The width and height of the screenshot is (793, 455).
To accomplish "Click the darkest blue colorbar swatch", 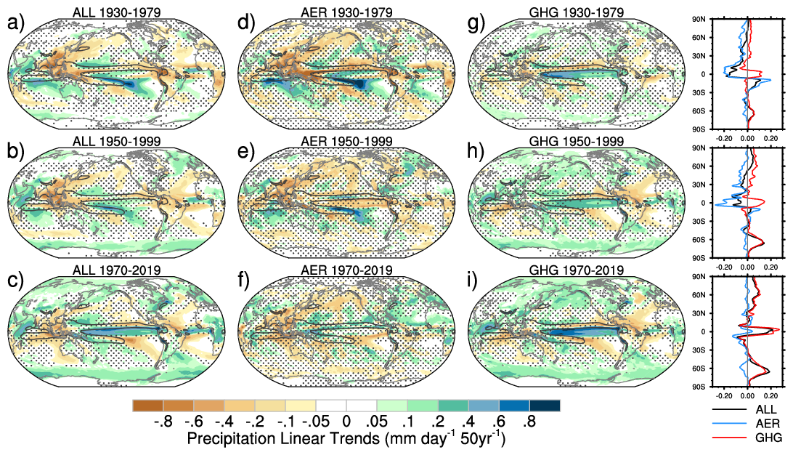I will click(x=545, y=405).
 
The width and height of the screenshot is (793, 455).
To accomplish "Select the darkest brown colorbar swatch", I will click(x=148, y=405).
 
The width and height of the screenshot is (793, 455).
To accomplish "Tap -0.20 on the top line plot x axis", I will click(x=724, y=137).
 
